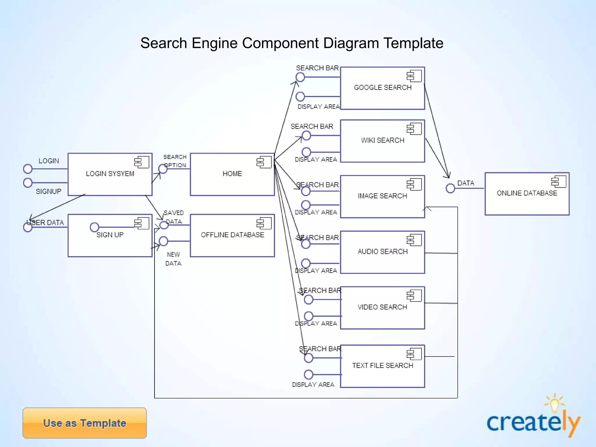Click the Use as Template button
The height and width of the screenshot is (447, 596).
coord(84,423)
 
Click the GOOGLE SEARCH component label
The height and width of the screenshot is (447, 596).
coord(383,88)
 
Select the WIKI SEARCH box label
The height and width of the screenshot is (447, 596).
coord(383,140)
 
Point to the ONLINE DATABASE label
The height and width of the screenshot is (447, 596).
coord(527,193)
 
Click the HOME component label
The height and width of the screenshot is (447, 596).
coord(232,174)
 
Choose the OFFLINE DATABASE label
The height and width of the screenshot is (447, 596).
coord(233,235)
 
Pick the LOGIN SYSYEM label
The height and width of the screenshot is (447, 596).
coord(110,174)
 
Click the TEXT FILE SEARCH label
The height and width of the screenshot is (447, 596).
coord(383,366)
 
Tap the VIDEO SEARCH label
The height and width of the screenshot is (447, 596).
coord(382,307)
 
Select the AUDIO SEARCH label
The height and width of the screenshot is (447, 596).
coord(383,251)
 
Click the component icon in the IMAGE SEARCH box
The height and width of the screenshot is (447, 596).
coord(414,184)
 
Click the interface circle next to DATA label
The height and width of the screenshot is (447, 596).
coord(450,188)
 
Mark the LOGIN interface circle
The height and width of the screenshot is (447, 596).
coord(28,169)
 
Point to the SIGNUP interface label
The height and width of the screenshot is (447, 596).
coord(49,191)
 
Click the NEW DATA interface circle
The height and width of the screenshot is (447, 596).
coord(164,241)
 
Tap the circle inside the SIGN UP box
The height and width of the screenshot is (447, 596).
coord(95,227)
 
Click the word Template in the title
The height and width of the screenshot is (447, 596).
coord(413,43)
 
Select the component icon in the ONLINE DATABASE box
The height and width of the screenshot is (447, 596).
coord(558,182)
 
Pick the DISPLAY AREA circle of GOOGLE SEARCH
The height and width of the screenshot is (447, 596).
coord(300,96)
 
